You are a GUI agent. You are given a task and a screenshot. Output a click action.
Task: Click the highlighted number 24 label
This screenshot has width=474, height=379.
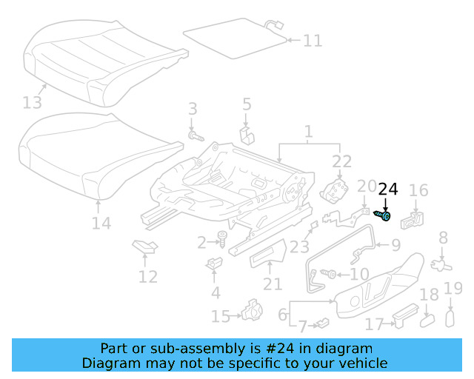coord(388,189)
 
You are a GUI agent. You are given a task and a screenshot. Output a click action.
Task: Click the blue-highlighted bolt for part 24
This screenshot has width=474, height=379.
coord(384,215)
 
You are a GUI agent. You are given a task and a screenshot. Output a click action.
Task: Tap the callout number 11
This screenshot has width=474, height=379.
coord(313,40)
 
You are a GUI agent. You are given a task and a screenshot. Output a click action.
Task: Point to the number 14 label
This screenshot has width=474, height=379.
coord(101,223)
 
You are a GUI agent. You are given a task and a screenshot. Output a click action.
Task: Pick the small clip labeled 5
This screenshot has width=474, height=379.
coord(247,135)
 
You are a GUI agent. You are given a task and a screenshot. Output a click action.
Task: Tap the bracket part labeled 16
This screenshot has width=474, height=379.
coord(415,220)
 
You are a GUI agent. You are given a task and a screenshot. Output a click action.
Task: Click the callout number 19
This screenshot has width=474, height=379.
coord(453,289)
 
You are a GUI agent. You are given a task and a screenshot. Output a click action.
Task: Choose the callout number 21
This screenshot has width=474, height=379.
coord(273,284)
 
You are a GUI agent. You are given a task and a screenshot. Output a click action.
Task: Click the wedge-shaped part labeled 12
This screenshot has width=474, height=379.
coord(144,247)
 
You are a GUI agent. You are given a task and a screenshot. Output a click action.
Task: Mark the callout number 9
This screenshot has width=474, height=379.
coord(395,246)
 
